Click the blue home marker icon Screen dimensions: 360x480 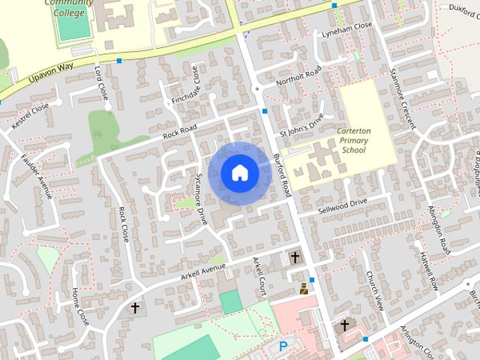click(239, 172)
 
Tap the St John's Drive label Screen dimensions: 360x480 click(301, 124)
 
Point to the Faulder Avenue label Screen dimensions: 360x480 click(34, 173)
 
